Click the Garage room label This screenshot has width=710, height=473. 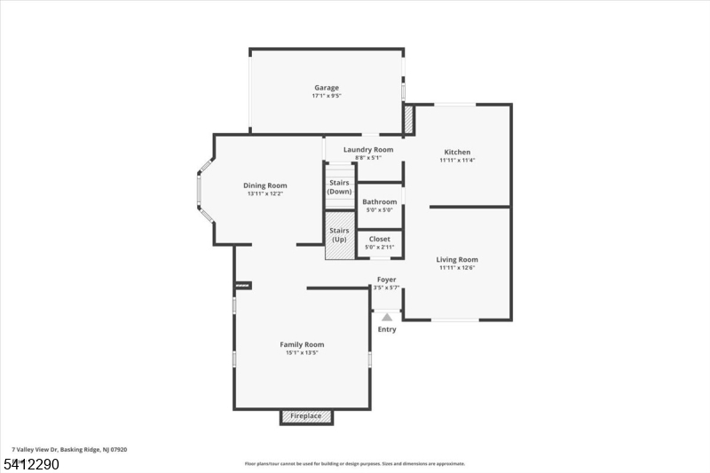coord(327,88)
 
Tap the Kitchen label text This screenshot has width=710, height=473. coord(457,152)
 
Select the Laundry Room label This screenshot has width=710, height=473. coord(368,150)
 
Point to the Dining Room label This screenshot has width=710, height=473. coord(265,185)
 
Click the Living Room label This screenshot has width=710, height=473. coord(457,260)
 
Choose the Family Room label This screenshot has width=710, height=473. coord(302,344)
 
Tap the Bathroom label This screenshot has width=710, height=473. coord(379,201)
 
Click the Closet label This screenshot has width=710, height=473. coord(379,239)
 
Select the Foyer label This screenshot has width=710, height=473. coord(387,280)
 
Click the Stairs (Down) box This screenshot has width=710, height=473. coord(339,186)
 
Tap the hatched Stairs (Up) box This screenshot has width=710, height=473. coord(339,236)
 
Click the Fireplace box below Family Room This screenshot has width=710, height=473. coord(307,416)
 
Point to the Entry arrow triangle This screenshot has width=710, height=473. coord(387,316)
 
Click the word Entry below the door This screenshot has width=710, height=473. coord(387,329)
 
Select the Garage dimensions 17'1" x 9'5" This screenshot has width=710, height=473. coord(327,96)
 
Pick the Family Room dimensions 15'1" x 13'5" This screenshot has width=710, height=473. coord(302,352)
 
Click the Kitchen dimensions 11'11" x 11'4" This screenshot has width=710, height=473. coord(457,160)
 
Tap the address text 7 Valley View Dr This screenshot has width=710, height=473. coord(69,450)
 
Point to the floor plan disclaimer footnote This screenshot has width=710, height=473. coord(355,463)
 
